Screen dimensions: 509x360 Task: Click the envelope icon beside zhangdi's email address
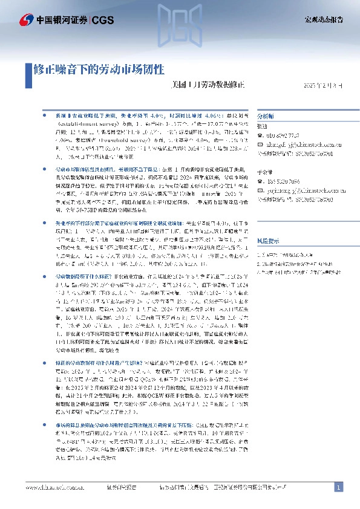pos(260,144)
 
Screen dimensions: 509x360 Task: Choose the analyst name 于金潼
pos(265,172)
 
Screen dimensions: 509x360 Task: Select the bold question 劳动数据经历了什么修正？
pos(85,259)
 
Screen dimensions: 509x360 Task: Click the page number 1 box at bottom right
pos(339,487)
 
